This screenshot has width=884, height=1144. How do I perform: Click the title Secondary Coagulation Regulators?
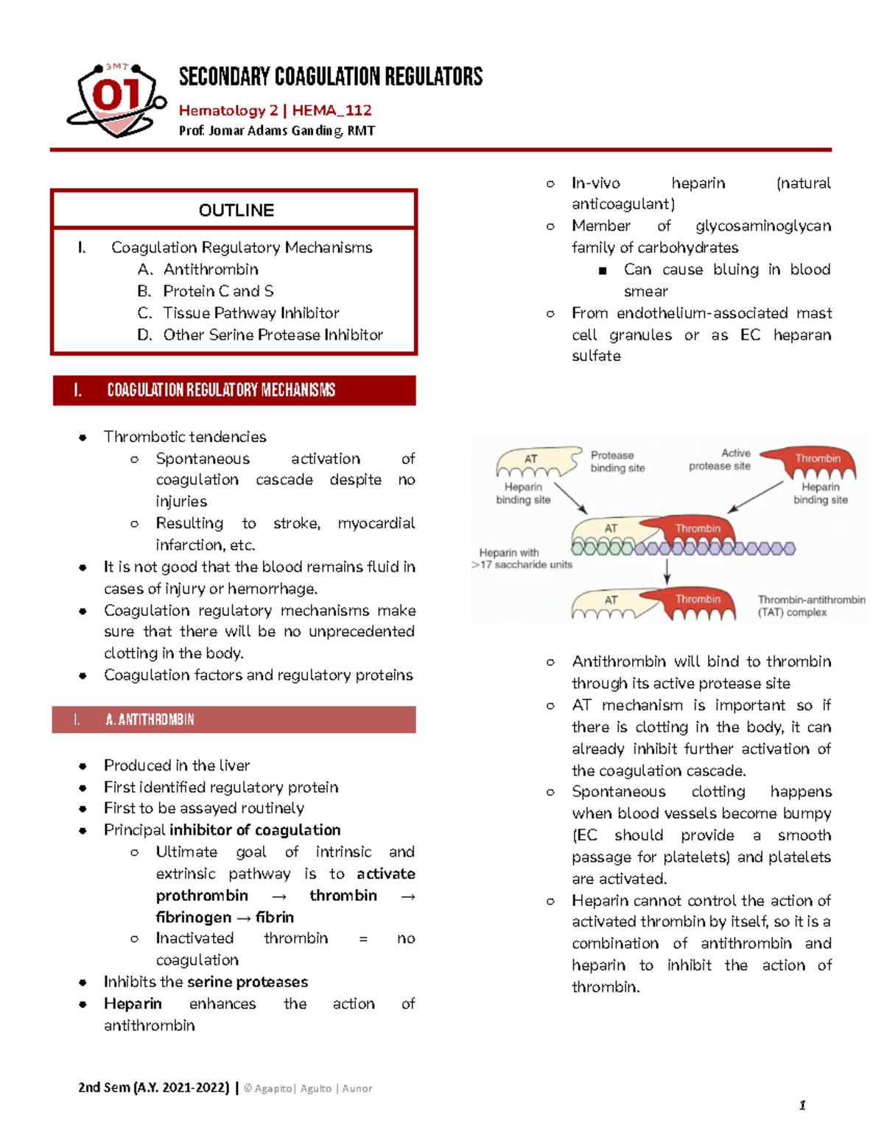(331, 77)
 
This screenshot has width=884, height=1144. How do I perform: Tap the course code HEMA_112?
(331, 110)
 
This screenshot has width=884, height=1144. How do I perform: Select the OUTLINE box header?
(236, 211)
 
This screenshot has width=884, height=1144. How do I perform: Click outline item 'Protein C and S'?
(218, 291)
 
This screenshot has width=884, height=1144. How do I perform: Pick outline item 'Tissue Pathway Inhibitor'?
(250, 313)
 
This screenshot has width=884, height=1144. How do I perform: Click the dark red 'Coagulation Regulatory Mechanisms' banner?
(234, 390)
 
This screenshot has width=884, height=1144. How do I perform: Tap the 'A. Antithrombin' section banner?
(234, 720)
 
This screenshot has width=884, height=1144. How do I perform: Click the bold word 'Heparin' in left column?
(133, 1003)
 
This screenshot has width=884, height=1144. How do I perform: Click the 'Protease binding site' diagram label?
(617, 461)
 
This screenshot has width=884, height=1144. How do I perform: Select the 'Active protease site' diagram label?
(720, 460)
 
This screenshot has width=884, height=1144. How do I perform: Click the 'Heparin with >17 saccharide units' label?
(520, 558)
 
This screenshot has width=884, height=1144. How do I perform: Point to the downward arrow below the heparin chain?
(667, 571)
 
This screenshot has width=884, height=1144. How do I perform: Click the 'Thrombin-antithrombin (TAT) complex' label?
(810, 606)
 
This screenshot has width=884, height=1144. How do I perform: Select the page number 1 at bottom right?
(802, 1105)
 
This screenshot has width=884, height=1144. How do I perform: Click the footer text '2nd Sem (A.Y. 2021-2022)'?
(153, 1088)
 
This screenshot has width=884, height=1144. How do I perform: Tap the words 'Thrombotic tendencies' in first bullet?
(185, 437)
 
